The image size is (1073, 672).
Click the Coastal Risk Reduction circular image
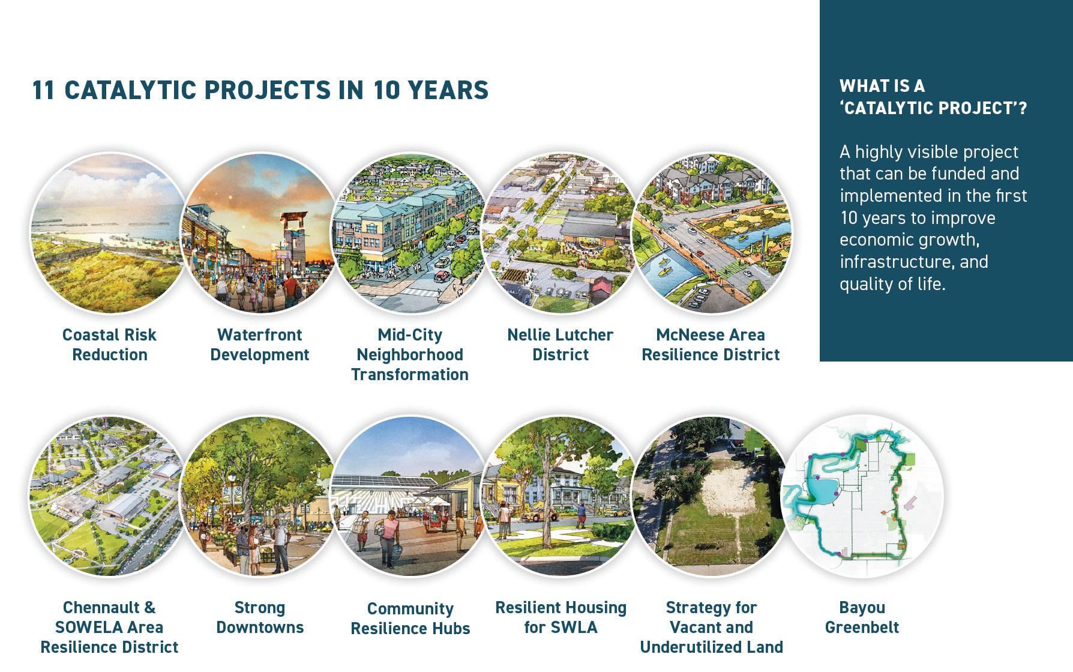click(x=109, y=233)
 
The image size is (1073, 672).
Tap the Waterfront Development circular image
click(x=259, y=233)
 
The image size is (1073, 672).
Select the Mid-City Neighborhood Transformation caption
click(x=410, y=354)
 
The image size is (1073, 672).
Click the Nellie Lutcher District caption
click(x=561, y=344)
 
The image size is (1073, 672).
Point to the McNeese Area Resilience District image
click(x=711, y=233)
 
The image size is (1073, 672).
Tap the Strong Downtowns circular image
click(x=259, y=496)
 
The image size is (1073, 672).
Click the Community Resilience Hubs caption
click(x=410, y=618)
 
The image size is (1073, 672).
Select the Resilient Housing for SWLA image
click(x=561, y=496)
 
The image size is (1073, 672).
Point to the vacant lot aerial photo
click(x=711, y=496)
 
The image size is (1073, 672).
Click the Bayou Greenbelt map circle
click(x=862, y=496)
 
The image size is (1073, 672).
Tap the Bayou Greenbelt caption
click(x=862, y=617)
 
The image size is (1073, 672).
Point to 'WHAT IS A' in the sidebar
click(x=882, y=86)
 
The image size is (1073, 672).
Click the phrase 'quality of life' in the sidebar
click(x=891, y=284)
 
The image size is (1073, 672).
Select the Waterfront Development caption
click(x=259, y=344)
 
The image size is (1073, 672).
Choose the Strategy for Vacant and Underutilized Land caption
click(x=711, y=627)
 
